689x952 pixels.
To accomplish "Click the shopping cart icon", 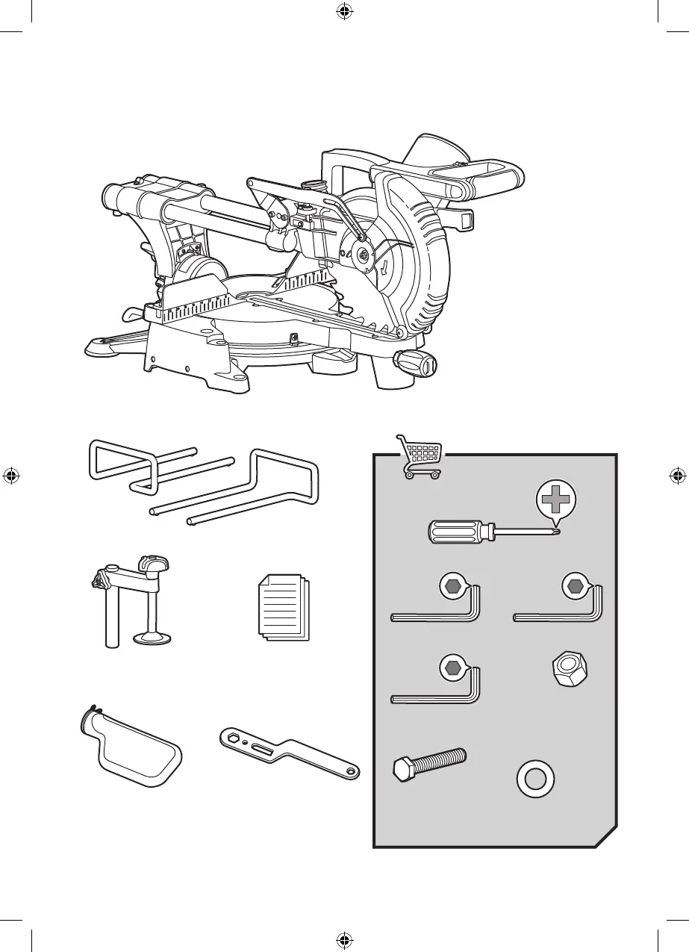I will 419,456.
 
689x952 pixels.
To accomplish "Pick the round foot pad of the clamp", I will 154,638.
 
